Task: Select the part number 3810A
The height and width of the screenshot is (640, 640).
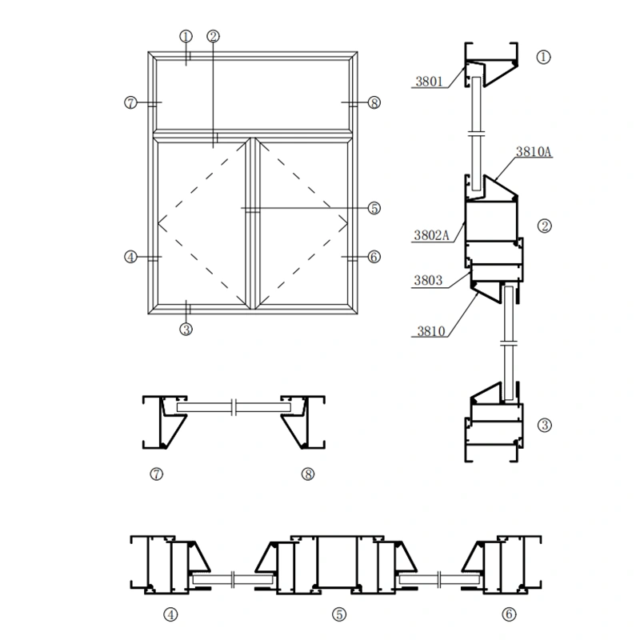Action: (534, 151)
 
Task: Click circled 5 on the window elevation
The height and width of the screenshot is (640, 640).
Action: (374, 208)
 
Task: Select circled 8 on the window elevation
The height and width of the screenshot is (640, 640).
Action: (374, 102)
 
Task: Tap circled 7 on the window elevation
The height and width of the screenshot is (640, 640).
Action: (131, 102)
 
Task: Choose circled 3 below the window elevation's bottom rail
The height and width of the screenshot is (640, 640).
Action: (186, 328)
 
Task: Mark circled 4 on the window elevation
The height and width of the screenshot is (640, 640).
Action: (131, 257)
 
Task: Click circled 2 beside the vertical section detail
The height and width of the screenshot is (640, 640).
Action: (544, 226)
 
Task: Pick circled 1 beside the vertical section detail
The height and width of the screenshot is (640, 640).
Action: (544, 57)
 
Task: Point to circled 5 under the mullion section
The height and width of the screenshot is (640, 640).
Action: (339, 614)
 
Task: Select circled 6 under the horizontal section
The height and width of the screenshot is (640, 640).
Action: (509, 614)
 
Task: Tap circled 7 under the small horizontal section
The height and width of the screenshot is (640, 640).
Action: (157, 474)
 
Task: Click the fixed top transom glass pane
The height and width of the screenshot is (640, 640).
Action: (252, 93)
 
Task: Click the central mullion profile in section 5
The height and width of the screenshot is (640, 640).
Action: (339, 563)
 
